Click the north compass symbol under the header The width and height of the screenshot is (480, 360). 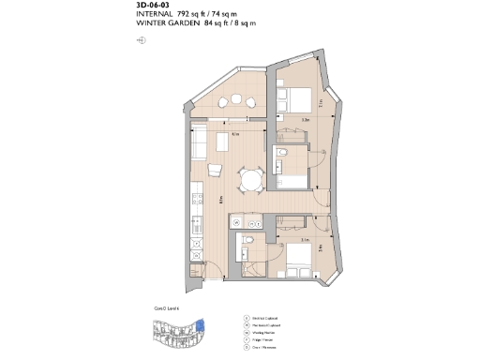(141, 40)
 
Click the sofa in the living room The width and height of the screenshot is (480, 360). (199, 143)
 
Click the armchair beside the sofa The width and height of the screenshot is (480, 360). (215, 170)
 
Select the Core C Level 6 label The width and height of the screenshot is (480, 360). (166, 307)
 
